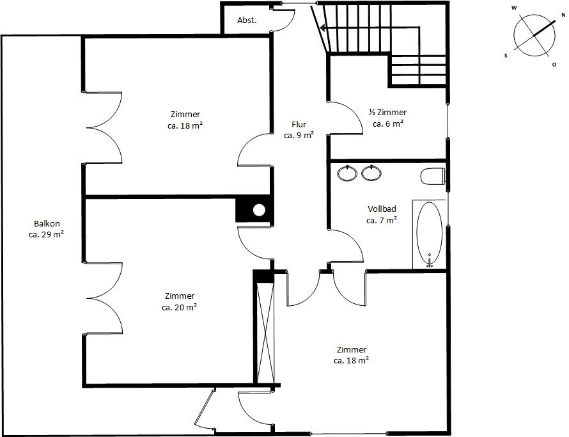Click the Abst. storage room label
(247, 20)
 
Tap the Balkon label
(47, 223)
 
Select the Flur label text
(299, 124)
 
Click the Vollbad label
(382, 209)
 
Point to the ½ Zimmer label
(387, 112)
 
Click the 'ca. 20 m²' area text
(179, 307)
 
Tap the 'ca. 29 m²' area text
(47, 234)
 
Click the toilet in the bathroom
(433, 176)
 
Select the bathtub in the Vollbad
(429, 233)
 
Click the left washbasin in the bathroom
(347, 173)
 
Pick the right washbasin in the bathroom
(371, 173)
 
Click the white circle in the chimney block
(259, 210)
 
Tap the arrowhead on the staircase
(323, 28)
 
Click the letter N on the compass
(563, 15)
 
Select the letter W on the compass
(514, 8)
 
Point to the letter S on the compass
(506, 56)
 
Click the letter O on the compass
(554, 65)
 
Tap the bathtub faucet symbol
(430, 261)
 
